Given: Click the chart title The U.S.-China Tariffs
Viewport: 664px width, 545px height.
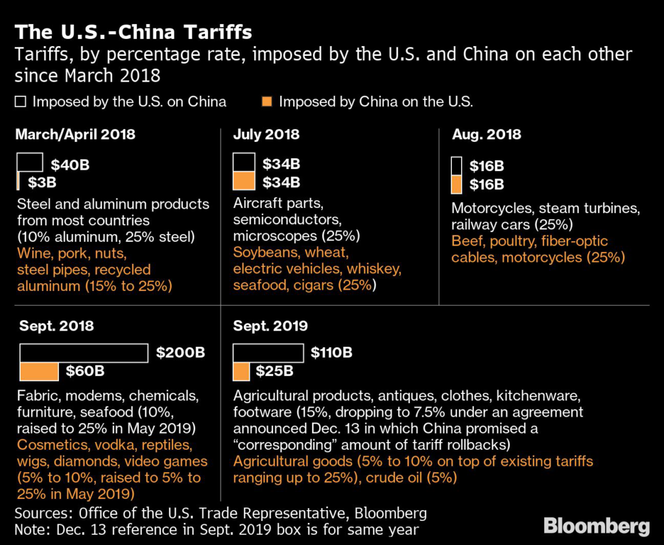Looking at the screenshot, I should point(134,32).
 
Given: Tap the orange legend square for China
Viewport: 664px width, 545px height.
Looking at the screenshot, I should point(265,102).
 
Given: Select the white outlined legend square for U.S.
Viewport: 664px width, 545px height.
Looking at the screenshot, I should point(19,102).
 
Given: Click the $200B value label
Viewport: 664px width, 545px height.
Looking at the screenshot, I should point(180,353).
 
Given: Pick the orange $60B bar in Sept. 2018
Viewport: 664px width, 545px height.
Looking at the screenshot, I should point(40,371).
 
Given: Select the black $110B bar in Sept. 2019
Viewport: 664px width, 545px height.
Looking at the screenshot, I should point(268,353).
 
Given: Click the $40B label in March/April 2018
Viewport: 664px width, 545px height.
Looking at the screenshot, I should point(69,165).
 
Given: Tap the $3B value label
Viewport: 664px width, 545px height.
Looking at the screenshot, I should point(42,182).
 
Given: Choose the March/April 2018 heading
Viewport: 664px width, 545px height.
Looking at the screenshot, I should point(75,135).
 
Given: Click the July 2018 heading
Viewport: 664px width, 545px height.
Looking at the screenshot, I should point(267,135).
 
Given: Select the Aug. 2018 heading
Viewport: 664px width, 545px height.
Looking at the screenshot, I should point(486,135).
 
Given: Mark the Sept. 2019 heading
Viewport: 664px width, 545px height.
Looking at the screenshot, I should point(271,326).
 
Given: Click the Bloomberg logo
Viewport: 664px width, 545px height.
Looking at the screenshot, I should point(597,526).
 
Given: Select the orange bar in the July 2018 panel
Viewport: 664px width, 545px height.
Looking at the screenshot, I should point(244,181).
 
